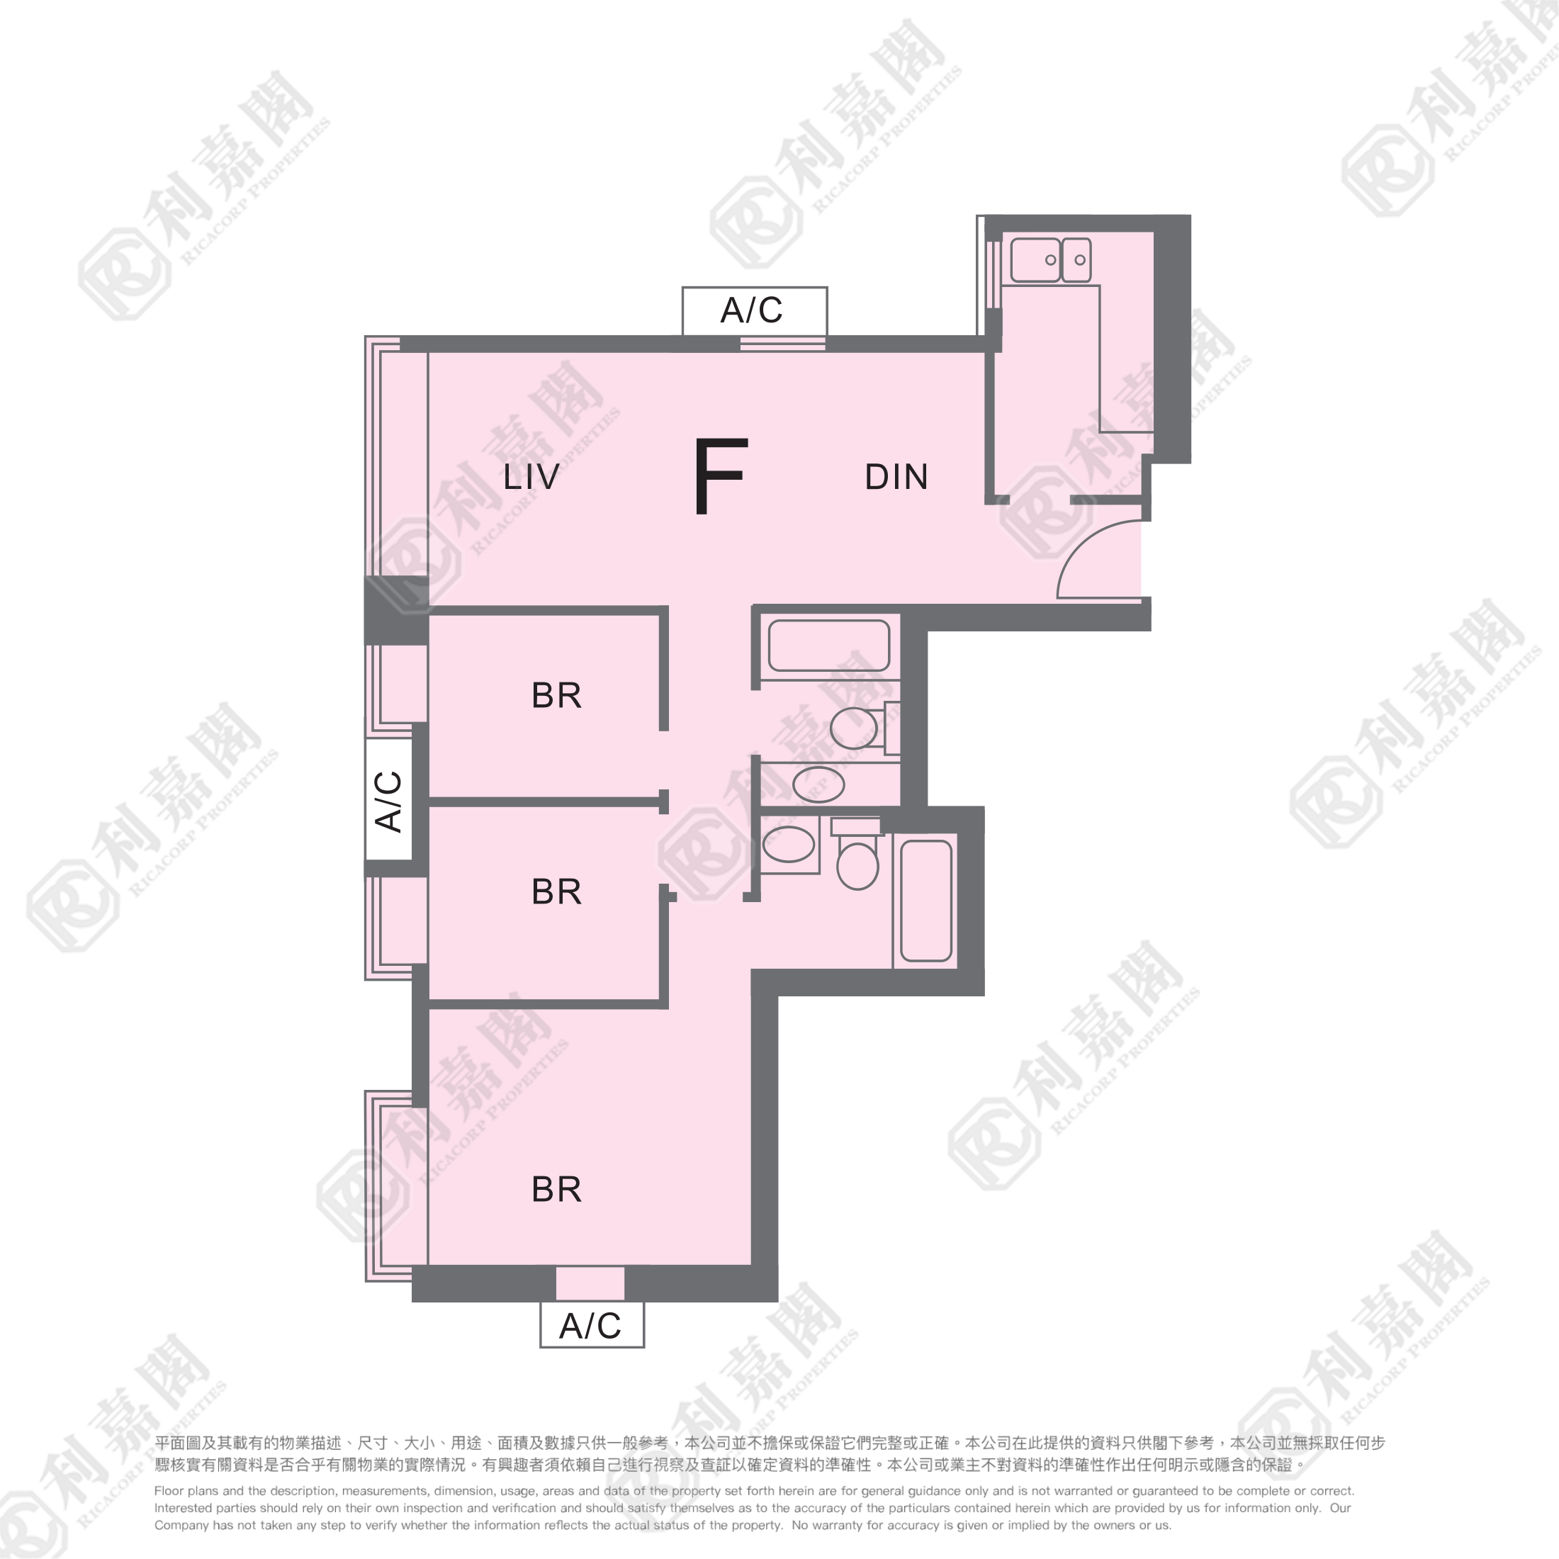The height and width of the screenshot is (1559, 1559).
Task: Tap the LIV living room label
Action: [531, 477]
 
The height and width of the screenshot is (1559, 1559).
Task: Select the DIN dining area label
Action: [896, 477]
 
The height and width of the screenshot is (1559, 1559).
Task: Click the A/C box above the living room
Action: [755, 310]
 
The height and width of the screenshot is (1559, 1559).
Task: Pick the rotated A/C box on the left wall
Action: [389, 799]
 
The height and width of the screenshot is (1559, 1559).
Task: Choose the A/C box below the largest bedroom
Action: [592, 1325]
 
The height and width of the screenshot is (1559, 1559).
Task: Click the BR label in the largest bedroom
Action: [556, 1189]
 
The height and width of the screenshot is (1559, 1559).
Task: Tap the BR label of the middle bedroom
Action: [556, 891]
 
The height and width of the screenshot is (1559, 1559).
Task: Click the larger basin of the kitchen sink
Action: [1035, 259]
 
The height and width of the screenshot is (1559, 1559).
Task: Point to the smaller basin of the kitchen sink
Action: [1076, 259]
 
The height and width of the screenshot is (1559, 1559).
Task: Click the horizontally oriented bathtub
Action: [828, 645]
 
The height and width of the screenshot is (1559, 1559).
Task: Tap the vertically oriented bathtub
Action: [926, 901]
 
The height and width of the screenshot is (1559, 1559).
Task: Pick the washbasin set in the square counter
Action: [789, 844]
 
